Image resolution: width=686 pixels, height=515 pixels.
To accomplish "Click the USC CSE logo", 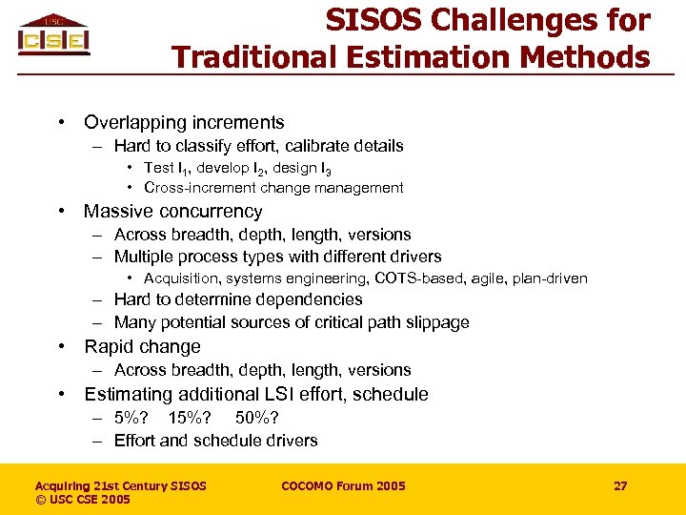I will click(53, 35).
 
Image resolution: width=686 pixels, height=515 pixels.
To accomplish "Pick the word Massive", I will click(119, 211).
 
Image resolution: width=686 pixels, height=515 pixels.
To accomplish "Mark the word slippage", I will click(436, 322).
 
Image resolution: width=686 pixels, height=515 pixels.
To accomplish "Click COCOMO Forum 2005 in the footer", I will click(343, 486).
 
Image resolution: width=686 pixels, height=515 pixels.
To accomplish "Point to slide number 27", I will click(620, 486).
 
